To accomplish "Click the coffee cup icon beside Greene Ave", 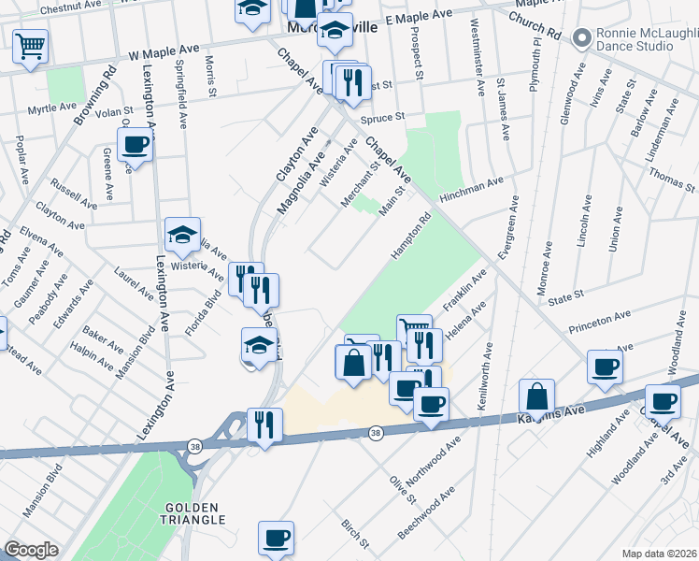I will [136, 146].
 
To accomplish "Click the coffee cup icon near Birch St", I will [277, 539].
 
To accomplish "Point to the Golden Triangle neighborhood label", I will [194, 512].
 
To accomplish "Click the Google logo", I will [31, 550].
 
